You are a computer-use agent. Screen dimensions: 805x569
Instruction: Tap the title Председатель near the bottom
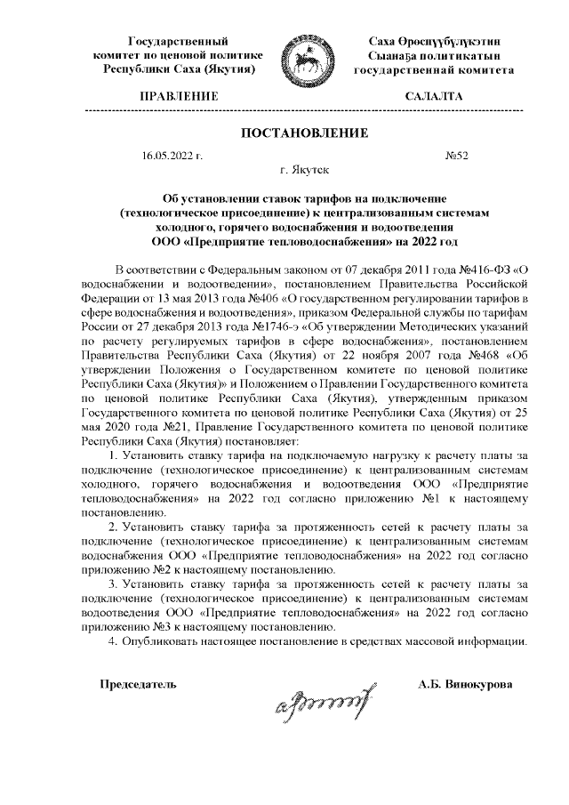tap(138, 685)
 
